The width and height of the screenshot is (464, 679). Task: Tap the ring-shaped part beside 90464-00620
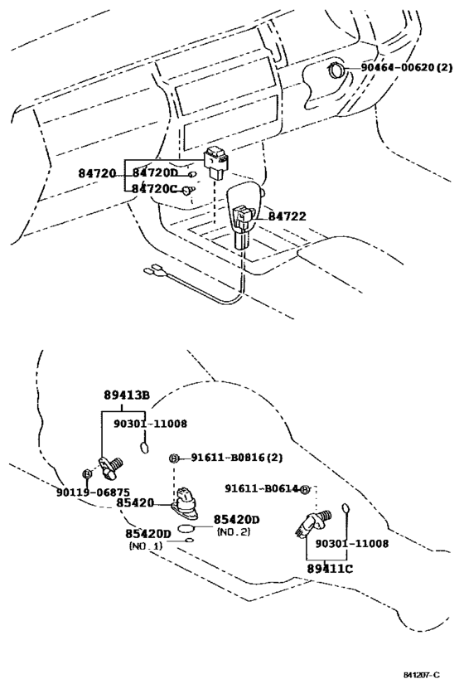click(336, 70)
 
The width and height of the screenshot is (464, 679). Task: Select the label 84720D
click(155, 172)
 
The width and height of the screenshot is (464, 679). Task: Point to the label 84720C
click(154, 189)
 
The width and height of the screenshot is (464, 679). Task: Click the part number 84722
click(287, 216)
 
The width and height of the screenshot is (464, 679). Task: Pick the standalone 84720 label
click(97, 173)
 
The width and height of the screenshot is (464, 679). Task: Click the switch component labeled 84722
click(244, 226)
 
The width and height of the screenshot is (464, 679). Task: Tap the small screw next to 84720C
click(188, 191)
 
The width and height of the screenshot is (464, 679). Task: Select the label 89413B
click(127, 395)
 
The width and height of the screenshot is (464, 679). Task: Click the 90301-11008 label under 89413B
click(150, 424)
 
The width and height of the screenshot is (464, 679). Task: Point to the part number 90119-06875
click(93, 492)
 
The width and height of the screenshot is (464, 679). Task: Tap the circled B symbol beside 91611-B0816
click(173, 458)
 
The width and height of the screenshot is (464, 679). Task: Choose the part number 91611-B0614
click(262, 488)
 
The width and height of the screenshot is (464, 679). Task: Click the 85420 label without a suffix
click(134, 502)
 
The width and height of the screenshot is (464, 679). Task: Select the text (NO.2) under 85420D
click(234, 531)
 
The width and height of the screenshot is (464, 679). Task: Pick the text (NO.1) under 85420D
click(146, 546)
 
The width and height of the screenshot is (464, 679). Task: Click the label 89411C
click(330, 568)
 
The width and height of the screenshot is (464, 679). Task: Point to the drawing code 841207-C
click(422, 675)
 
